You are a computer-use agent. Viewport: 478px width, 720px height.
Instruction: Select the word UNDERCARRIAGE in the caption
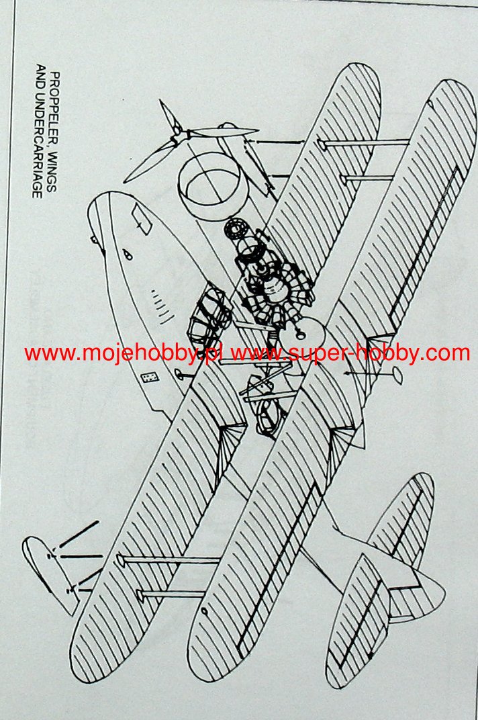39,154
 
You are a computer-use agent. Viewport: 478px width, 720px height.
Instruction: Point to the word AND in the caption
39,77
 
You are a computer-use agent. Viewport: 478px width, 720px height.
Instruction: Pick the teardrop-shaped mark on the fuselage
127,255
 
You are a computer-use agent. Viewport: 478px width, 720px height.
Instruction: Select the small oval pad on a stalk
395,371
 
